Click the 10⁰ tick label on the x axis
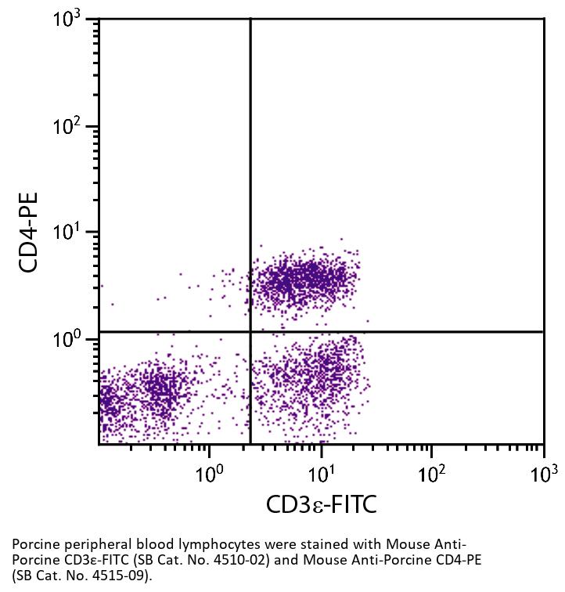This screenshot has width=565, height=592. click(209, 473)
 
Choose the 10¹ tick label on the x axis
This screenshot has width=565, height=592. click(321, 473)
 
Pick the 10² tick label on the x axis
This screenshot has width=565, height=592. click(431, 473)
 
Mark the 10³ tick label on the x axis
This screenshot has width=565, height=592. click(543, 473)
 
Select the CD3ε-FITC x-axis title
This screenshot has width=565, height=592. click(321, 504)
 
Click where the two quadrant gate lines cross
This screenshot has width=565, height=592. click(250, 331)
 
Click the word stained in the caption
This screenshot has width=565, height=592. click(279, 545)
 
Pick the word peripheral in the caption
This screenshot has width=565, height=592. click(87, 545)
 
